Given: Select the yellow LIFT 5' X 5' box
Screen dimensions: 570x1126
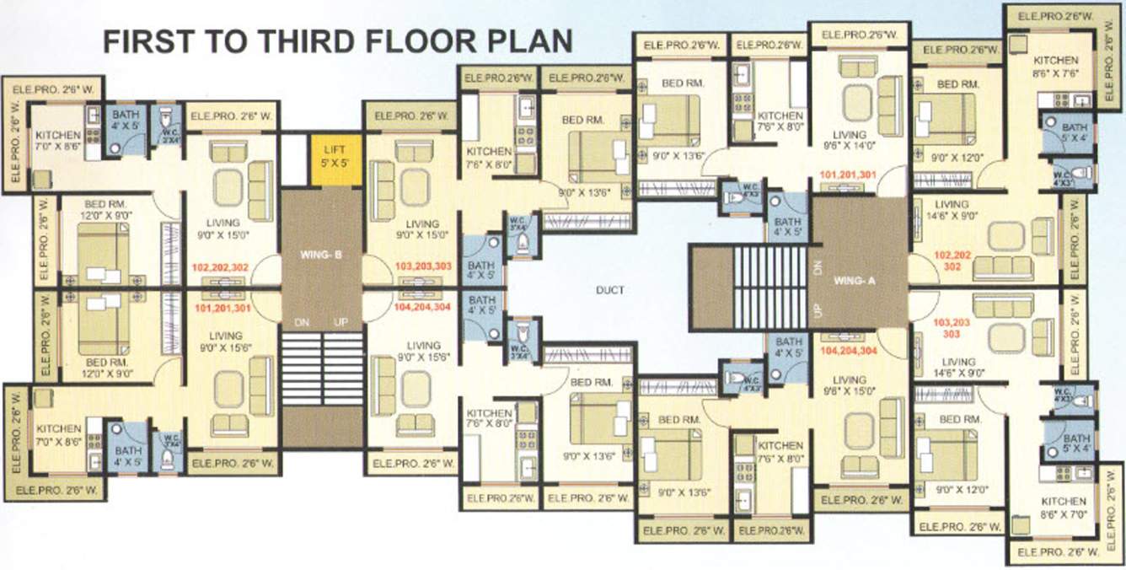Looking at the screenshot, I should (x=336, y=160).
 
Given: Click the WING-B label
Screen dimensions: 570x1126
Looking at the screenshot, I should (x=321, y=253).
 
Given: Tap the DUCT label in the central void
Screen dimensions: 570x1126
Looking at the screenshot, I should (x=610, y=290).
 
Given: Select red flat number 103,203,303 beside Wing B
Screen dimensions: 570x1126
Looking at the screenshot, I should (x=423, y=266).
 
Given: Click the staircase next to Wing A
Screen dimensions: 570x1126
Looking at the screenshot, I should (x=770, y=288).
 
